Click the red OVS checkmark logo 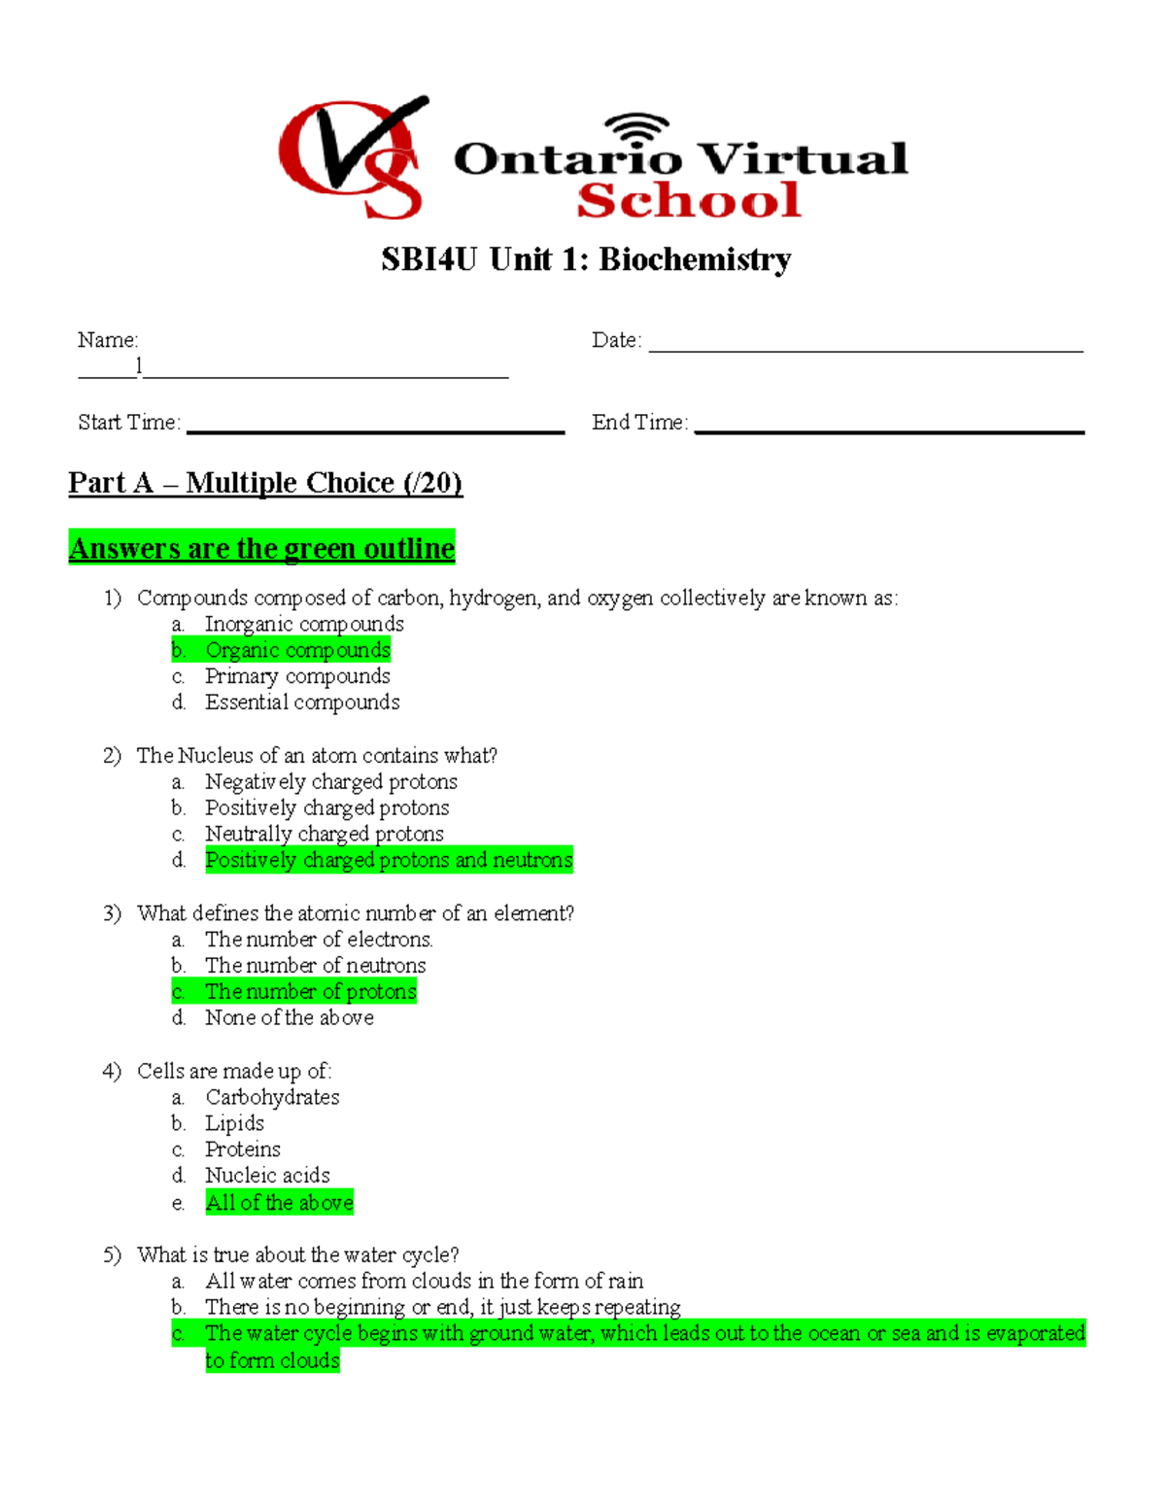(x=352, y=157)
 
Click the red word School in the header (x=688, y=200)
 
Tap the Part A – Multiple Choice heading (x=265, y=483)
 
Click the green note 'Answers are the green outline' (x=261, y=548)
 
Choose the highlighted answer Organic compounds (x=297, y=650)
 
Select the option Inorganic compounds (x=304, y=624)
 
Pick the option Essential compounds (x=302, y=703)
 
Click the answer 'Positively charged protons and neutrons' (x=389, y=860)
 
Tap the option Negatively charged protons (x=330, y=782)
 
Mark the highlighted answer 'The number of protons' (x=310, y=991)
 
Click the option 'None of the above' (x=289, y=1017)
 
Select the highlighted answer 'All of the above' (x=279, y=1202)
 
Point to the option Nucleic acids (x=267, y=1176)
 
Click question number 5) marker (x=112, y=1254)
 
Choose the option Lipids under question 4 (x=234, y=1123)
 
